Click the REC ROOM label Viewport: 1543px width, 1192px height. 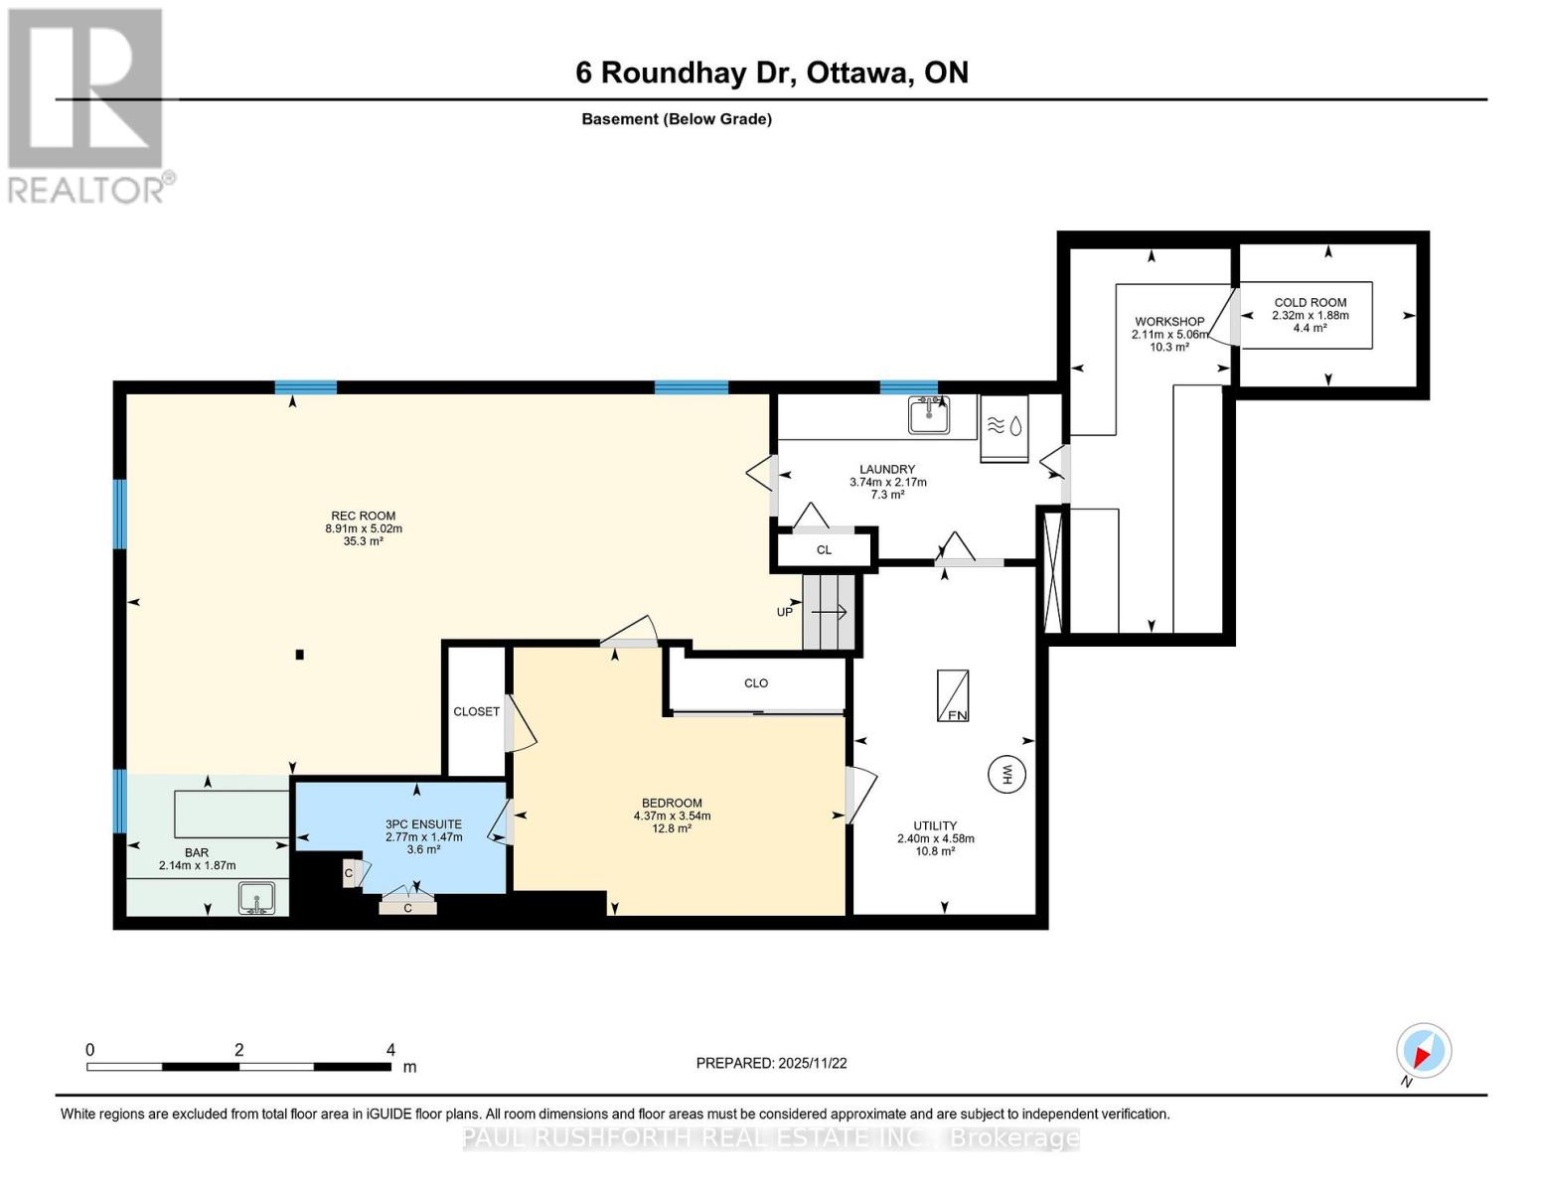[x=364, y=516]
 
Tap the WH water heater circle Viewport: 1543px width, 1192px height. [x=1005, y=774]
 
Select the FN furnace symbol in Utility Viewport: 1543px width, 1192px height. [x=954, y=695]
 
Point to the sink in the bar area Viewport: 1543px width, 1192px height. [x=256, y=898]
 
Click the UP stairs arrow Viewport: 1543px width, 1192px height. [x=829, y=612]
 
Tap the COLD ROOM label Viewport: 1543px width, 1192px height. [x=1310, y=303]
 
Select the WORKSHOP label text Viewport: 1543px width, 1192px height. [x=1169, y=322]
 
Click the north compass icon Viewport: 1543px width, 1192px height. [x=1424, y=1051]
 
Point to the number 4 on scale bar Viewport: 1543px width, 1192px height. [x=390, y=1050]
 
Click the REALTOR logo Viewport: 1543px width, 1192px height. [x=87, y=104]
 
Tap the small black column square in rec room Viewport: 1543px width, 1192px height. [x=299, y=654]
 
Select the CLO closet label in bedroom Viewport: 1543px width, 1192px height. [x=756, y=683]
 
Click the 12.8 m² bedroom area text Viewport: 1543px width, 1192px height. [x=672, y=828]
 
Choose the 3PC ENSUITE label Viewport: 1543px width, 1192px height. [x=423, y=824]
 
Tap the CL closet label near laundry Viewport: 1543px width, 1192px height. [x=824, y=549]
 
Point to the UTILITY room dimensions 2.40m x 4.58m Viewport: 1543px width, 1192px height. [x=935, y=838]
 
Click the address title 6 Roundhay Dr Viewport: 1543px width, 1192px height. [x=686, y=73]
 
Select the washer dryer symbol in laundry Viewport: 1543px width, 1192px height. [x=1004, y=427]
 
